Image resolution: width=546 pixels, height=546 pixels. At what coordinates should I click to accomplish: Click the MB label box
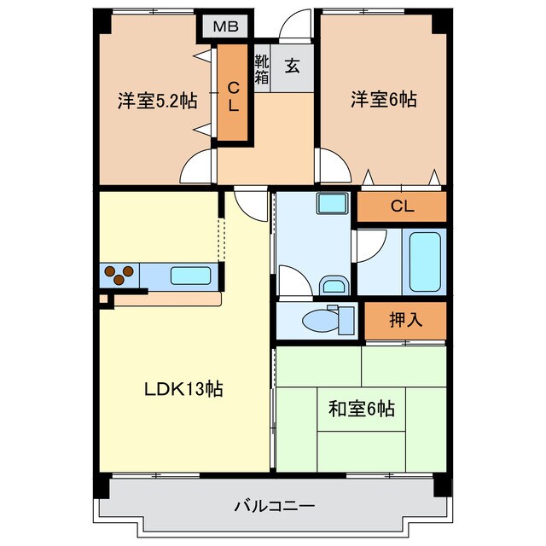pyautogui.click(x=225, y=26)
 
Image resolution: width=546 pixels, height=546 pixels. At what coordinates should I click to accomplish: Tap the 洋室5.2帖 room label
pyautogui.click(x=157, y=101)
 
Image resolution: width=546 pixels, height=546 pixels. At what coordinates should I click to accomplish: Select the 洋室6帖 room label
pyautogui.click(x=383, y=100)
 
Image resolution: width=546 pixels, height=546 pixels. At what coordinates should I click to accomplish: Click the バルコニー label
pyautogui.click(x=274, y=506)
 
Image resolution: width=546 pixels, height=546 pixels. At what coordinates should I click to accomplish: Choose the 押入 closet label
pyautogui.click(x=406, y=321)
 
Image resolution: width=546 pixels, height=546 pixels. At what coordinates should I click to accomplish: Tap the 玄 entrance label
pyautogui.click(x=292, y=66)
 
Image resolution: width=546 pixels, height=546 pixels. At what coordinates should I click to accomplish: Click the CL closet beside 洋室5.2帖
pyautogui.click(x=233, y=93)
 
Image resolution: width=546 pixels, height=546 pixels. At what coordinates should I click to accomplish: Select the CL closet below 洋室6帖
pyautogui.click(x=402, y=206)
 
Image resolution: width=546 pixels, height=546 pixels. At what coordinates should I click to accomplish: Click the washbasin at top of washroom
pyautogui.click(x=332, y=204)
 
